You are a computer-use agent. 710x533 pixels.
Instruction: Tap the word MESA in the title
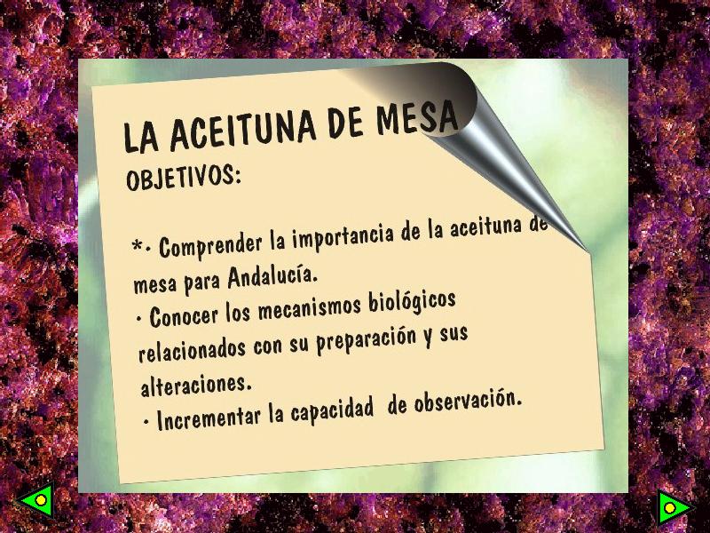[x=417, y=117]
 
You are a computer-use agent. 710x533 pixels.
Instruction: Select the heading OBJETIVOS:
[x=183, y=177]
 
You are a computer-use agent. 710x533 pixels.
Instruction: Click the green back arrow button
[x=36, y=500]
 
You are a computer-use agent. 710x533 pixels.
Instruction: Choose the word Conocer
[x=184, y=314]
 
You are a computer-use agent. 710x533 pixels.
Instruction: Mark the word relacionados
[x=193, y=349]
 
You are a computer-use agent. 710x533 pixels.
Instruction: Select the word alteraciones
[x=195, y=386]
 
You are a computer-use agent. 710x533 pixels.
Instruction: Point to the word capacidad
[x=332, y=411]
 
